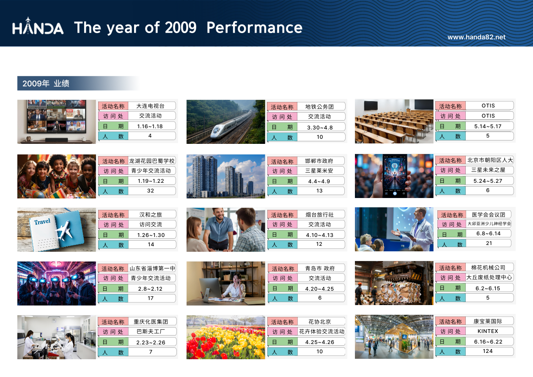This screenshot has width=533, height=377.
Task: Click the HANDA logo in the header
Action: (x=38, y=26)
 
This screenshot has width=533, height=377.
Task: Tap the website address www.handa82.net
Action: (x=476, y=37)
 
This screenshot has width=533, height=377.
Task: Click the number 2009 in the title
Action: (x=181, y=28)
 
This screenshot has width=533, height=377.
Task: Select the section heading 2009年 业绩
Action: (x=46, y=83)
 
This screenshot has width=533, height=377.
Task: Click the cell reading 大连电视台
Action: (x=151, y=106)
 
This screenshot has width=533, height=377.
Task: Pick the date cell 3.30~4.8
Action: (x=320, y=128)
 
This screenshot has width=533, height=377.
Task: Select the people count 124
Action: (x=488, y=351)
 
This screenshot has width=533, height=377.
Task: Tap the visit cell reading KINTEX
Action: (x=488, y=331)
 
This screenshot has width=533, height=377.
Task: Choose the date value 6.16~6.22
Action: (x=488, y=342)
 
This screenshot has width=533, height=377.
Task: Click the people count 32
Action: (x=151, y=191)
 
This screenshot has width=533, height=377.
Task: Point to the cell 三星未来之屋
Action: (x=488, y=170)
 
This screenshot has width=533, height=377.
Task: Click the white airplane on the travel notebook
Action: (x=64, y=230)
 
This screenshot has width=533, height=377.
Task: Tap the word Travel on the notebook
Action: (x=42, y=222)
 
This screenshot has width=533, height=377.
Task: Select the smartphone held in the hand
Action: (x=395, y=176)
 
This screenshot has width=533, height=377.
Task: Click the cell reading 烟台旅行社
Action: (x=319, y=215)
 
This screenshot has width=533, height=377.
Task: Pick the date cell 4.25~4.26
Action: (x=319, y=342)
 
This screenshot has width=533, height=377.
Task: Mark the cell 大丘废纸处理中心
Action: (x=489, y=278)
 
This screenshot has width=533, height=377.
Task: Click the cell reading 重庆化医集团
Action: (x=151, y=322)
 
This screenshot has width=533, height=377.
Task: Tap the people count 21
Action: (x=489, y=243)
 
